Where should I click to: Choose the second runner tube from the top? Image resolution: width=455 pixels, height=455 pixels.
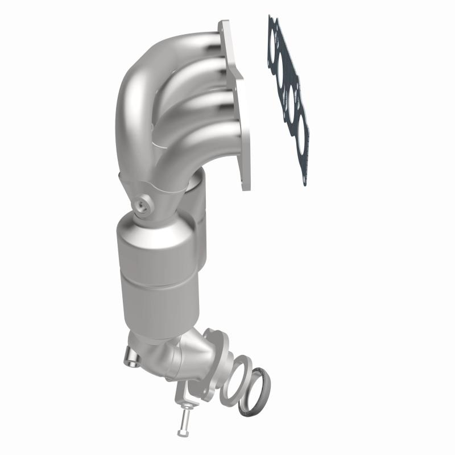click(199, 77)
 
